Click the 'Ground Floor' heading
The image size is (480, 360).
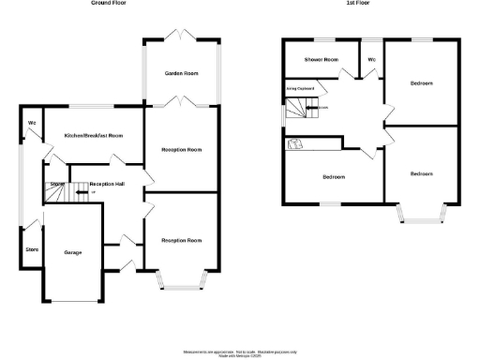[110, 4]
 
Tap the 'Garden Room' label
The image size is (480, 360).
[180, 72]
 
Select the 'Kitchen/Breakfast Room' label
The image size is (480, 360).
[94, 136]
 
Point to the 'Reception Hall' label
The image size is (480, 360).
[108, 184]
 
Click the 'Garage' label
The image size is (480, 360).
[73, 253]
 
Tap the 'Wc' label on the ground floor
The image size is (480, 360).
[32, 124]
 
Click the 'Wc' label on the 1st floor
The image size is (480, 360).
[372, 60]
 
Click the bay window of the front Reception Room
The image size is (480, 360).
[180, 278]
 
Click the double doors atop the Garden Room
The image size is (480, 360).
[180, 37]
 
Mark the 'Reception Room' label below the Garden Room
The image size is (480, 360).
[181, 149]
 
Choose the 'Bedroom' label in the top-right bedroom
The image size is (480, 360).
[422, 83]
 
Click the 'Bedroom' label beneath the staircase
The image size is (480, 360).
[334, 177]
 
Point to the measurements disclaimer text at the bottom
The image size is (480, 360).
[240, 346]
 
